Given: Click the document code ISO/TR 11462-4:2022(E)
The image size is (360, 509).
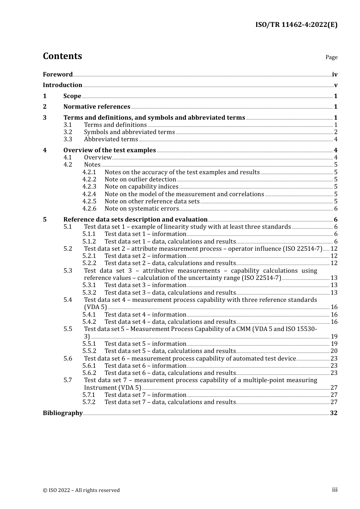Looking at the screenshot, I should pos(296,25).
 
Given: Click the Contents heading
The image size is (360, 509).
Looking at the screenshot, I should pos(62,56).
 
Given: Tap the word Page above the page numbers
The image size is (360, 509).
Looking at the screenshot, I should pos(331,57).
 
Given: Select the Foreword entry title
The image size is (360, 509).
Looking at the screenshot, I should pos(58,75).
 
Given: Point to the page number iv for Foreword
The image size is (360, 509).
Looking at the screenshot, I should pos(335,75).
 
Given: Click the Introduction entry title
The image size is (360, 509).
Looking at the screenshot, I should pos(63,85).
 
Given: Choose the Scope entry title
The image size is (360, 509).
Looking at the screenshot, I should pos(72,96).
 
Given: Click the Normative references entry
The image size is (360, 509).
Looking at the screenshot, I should pos(97,107).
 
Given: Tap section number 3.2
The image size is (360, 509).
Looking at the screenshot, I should pos(67,132).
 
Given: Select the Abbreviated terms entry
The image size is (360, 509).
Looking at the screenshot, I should pos(111,139).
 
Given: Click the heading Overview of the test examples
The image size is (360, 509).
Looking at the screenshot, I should pos(110,150).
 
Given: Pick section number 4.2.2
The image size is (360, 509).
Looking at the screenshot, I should pos(89,180).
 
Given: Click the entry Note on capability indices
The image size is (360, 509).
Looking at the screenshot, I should pos(141,187).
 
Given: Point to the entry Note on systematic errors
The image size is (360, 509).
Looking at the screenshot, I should pos(141,209).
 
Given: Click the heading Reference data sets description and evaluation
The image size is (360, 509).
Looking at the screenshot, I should pos(135,220).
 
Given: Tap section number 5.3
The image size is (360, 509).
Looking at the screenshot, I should pos(67,271).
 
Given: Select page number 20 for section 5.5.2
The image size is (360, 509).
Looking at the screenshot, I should pos(334,351).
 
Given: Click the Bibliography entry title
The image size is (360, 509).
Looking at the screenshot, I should pos(63,413).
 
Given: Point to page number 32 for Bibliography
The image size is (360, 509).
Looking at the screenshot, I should pos(333,413).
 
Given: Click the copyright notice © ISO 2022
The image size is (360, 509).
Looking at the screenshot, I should pos(81,490).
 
